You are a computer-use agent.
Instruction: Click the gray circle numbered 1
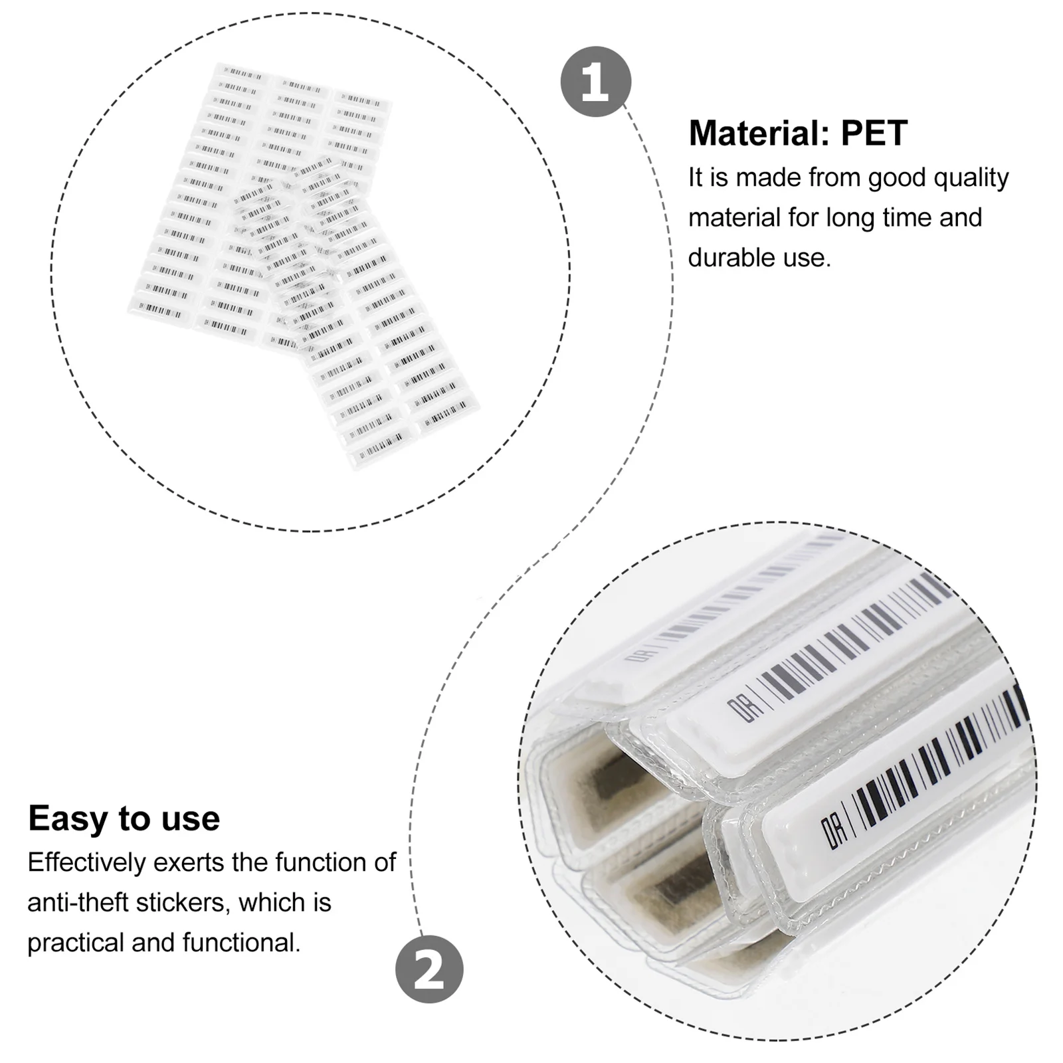[595, 82]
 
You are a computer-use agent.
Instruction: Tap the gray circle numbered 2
[429, 969]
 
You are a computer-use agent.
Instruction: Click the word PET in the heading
[874, 134]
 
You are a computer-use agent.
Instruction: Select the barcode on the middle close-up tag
[857, 638]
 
